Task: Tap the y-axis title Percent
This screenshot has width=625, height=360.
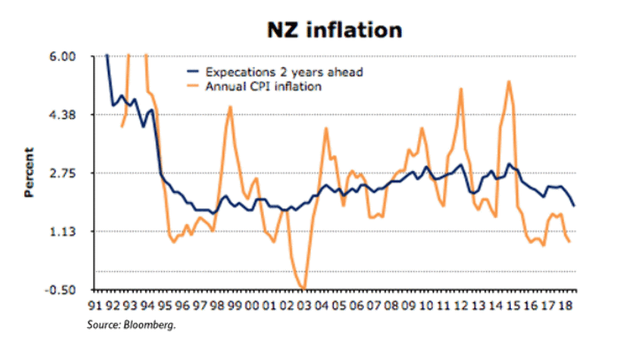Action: click(x=29, y=172)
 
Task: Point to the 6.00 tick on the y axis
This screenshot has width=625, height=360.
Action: click(x=62, y=57)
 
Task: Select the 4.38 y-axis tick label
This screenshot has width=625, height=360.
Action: click(x=62, y=115)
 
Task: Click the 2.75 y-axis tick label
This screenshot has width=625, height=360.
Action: click(x=62, y=173)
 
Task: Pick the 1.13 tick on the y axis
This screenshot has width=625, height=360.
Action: click(x=62, y=231)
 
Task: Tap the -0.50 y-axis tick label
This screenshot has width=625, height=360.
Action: click(x=60, y=290)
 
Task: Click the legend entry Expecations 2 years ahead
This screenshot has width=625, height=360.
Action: click(x=284, y=73)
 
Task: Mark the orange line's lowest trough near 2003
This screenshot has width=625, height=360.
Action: click(x=303, y=288)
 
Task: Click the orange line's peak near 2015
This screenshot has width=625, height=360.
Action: click(x=509, y=81)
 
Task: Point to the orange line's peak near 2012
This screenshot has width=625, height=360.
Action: click(x=462, y=88)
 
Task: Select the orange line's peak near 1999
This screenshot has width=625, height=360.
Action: click(x=230, y=106)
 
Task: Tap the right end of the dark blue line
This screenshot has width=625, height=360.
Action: click(x=575, y=206)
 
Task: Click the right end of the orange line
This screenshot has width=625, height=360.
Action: click(x=570, y=242)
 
